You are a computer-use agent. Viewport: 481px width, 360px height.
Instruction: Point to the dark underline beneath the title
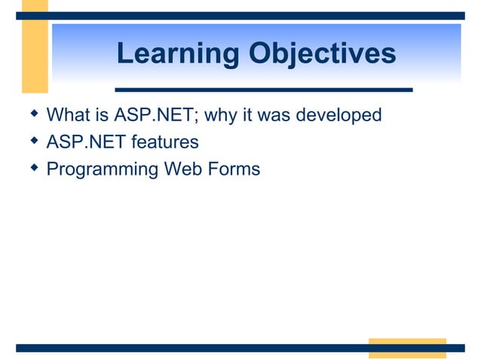[x=263, y=90]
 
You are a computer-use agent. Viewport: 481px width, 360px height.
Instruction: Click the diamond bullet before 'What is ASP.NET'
[x=32, y=114]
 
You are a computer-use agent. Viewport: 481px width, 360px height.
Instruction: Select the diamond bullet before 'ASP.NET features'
[x=32, y=141]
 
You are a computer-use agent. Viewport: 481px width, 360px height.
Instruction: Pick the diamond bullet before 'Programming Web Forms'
[x=32, y=167]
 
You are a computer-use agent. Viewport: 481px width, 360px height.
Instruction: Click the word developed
[x=339, y=116]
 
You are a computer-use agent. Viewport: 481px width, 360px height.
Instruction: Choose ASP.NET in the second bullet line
[x=87, y=142]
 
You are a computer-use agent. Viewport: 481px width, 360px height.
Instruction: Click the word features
[x=165, y=142]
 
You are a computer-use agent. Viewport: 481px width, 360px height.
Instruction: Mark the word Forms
[x=233, y=169]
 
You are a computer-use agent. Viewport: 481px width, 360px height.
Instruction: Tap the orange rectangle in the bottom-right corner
[x=407, y=347]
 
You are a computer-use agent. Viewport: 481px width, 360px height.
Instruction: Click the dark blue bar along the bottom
[x=188, y=348]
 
